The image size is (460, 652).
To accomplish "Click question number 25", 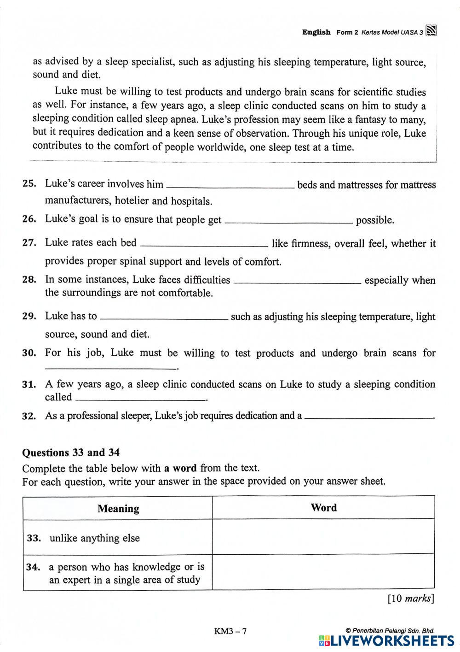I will coord(29,184).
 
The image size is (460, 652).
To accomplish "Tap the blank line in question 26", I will coord(288,222).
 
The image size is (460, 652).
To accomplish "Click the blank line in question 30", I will coord(110,368).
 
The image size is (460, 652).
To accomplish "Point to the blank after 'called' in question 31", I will coord(140,399).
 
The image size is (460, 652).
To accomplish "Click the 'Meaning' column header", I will coord(118,508).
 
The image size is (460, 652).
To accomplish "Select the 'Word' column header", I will coord(323,508).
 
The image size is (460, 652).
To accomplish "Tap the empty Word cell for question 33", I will coord(323,537).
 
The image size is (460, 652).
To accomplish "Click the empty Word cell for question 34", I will coord(323,572).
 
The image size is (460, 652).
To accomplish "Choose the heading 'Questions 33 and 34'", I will coord(71,452).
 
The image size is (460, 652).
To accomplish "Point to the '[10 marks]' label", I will coord(410,599).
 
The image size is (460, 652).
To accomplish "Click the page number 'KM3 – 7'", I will coord(230,631).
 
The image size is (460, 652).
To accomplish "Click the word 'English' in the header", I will coord(316,32).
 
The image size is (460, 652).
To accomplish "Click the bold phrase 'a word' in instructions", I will coord(180,469).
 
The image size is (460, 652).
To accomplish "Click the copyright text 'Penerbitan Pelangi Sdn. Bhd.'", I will coord(392,631).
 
